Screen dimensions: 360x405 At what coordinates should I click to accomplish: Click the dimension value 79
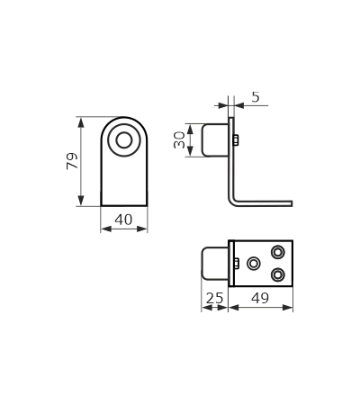(72, 161)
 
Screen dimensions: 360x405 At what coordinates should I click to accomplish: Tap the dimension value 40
(123, 220)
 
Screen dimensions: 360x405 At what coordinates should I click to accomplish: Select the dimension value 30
(179, 139)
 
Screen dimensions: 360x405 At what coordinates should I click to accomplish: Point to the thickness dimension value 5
(256, 97)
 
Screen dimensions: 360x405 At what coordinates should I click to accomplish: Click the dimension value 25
(215, 298)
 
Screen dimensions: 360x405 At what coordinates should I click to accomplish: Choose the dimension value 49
(260, 298)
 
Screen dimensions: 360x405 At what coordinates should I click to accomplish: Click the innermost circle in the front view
(124, 140)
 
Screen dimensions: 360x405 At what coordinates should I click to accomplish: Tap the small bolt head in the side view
(236, 140)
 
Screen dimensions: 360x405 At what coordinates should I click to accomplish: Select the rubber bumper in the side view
(215, 140)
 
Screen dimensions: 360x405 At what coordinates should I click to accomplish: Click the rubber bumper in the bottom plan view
(215, 264)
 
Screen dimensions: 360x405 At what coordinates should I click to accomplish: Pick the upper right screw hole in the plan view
(278, 252)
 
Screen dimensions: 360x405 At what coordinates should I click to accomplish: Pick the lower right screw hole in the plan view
(278, 274)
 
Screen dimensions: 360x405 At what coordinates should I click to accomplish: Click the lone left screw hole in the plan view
(254, 264)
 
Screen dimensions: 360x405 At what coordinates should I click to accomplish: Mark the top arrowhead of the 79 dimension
(81, 122)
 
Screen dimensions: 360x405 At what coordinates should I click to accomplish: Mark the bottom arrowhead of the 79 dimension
(81, 200)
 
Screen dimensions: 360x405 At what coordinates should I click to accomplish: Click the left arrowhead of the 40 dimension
(106, 229)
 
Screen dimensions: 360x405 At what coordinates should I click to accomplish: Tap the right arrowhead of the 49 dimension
(287, 308)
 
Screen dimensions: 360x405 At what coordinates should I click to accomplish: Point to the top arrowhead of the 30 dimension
(190, 130)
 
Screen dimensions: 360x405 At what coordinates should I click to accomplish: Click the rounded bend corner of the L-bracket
(234, 202)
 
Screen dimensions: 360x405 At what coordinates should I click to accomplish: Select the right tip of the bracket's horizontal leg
(292, 203)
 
